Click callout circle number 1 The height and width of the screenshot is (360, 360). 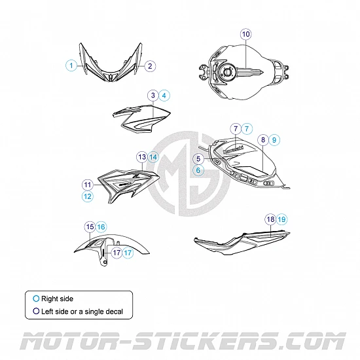click(x=71, y=65)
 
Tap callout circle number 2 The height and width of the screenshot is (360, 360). click(x=150, y=66)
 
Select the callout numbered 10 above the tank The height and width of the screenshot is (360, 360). click(x=246, y=34)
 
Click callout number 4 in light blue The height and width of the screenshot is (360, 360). click(x=164, y=96)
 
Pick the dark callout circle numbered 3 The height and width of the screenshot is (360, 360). click(x=153, y=96)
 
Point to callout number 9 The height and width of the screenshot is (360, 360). click(x=274, y=140)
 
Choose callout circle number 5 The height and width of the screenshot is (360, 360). click(x=198, y=158)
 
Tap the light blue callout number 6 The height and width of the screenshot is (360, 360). click(x=198, y=170)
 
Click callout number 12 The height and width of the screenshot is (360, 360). click(x=88, y=196)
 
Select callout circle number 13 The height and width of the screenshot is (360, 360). click(x=142, y=157)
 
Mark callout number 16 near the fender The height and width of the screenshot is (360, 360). click(x=101, y=227)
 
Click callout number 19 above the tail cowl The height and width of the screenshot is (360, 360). click(x=281, y=219)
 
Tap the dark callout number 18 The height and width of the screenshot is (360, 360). click(x=270, y=219)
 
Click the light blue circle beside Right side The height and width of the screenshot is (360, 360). click(x=36, y=298)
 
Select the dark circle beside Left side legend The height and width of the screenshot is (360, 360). click(x=36, y=311)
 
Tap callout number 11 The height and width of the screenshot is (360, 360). click(x=88, y=185)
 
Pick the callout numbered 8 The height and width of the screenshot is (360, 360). click(x=263, y=139)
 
